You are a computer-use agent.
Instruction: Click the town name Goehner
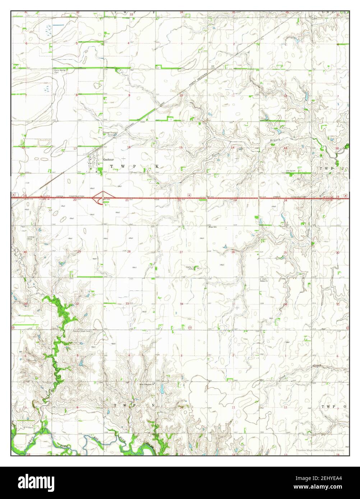pos(108,159)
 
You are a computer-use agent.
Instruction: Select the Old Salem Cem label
pos(292,171)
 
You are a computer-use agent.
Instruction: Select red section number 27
pos(181,252)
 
